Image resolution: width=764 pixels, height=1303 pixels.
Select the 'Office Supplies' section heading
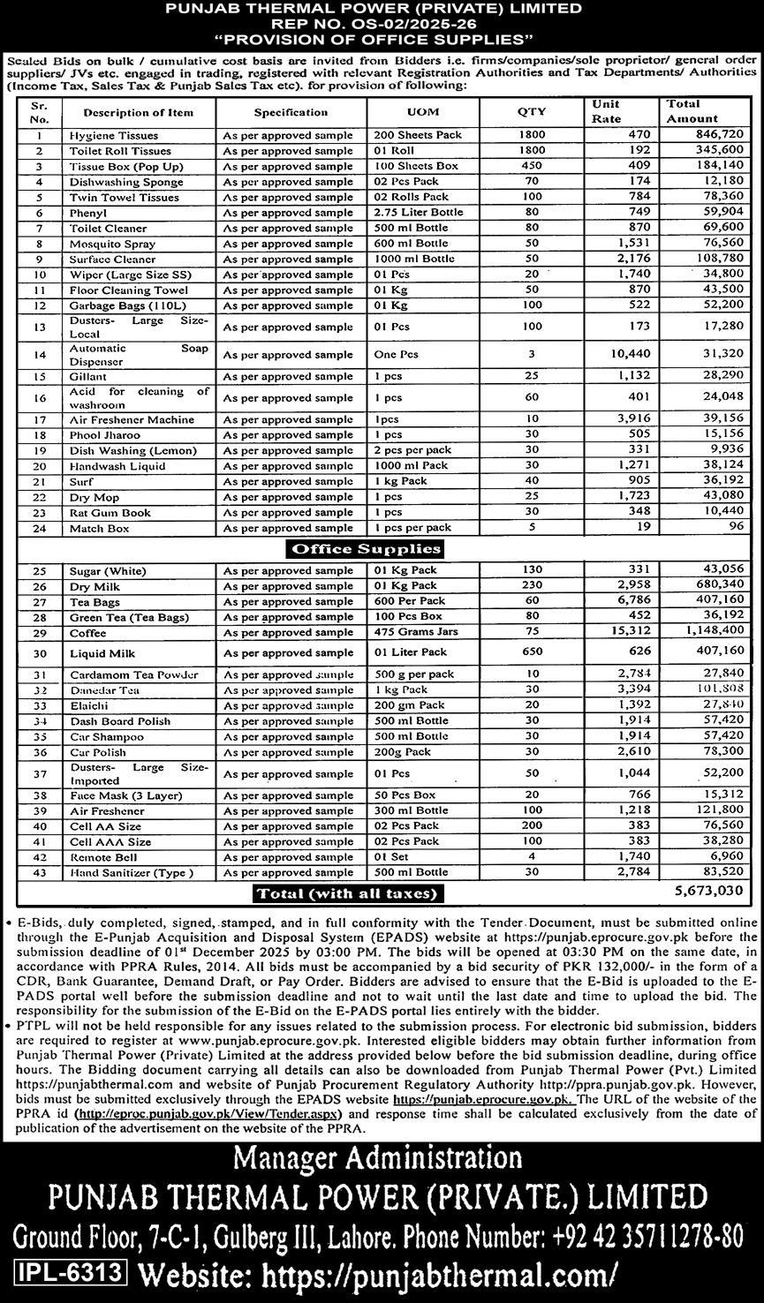point(365,549)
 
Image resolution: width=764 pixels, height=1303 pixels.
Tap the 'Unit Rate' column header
point(606,111)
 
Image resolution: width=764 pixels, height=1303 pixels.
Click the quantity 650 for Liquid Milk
point(533,652)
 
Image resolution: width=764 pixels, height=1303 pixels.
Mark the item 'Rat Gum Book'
point(110,513)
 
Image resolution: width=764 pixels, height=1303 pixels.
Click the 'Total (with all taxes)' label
point(350,893)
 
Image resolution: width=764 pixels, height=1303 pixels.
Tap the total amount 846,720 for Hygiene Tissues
point(719,136)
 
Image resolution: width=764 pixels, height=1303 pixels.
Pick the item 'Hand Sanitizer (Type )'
point(130,872)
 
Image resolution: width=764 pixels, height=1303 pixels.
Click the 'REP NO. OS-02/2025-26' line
point(382,24)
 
